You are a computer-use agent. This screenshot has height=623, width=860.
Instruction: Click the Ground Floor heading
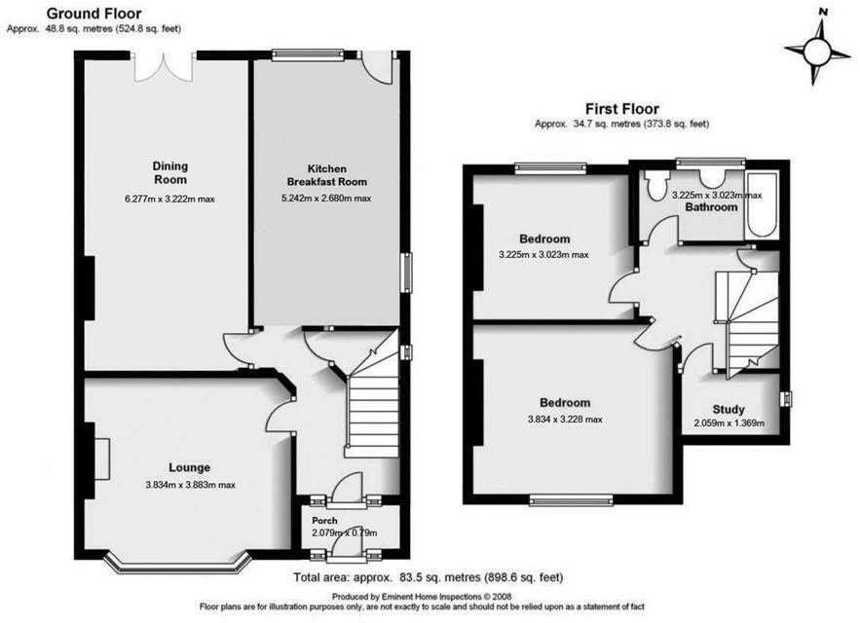click(x=93, y=14)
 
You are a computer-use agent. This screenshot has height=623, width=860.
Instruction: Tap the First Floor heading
click(x=621, y=109)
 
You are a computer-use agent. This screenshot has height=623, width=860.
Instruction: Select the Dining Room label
click(x=169, y=172)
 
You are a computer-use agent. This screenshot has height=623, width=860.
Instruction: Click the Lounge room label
click(x=189, y=467)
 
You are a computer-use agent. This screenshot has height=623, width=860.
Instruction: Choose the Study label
click(x=728, y=409)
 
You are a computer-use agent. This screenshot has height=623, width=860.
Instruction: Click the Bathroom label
click(x=711, y=207)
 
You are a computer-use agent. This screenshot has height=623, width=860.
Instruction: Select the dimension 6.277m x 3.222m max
click(x=169, y=200)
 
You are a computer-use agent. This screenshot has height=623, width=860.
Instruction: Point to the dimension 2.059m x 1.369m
click(x=729, y=423)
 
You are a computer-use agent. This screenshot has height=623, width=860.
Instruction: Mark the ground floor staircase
click(x=371, y=404)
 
